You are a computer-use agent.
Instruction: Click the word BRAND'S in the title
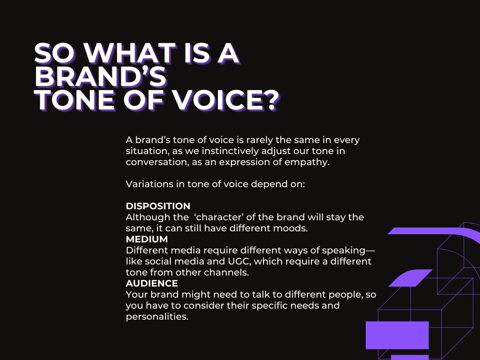pyautogui.click(x=101, y=78)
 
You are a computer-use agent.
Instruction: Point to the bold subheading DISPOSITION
pyautogui.click(x=158, y=206)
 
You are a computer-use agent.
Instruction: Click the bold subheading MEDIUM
pyautogui.click(x=147, y=239)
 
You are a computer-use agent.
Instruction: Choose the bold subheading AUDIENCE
pyautogui.click(x=152, y=283)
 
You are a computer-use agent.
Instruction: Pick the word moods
pyautogui.click(x=292, y=228)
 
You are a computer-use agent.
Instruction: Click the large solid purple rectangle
pyautogui.click(x=397, y=335)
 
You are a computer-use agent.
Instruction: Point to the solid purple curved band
pyautogui.click(x=432, y=232)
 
